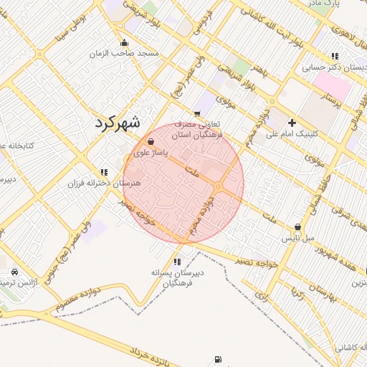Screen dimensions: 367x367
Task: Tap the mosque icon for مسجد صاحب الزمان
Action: (125, 42)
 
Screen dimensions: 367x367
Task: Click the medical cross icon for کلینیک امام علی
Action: (292, 123)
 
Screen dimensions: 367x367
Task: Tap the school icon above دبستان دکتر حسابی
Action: (334, 56)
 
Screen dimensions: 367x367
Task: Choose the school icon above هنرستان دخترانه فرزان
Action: (105, 172)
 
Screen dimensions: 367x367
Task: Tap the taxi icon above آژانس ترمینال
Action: (15, 272)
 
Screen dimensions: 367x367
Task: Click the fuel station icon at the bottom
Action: (217, 360)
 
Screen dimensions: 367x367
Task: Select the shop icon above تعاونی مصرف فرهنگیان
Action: (196, 113)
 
